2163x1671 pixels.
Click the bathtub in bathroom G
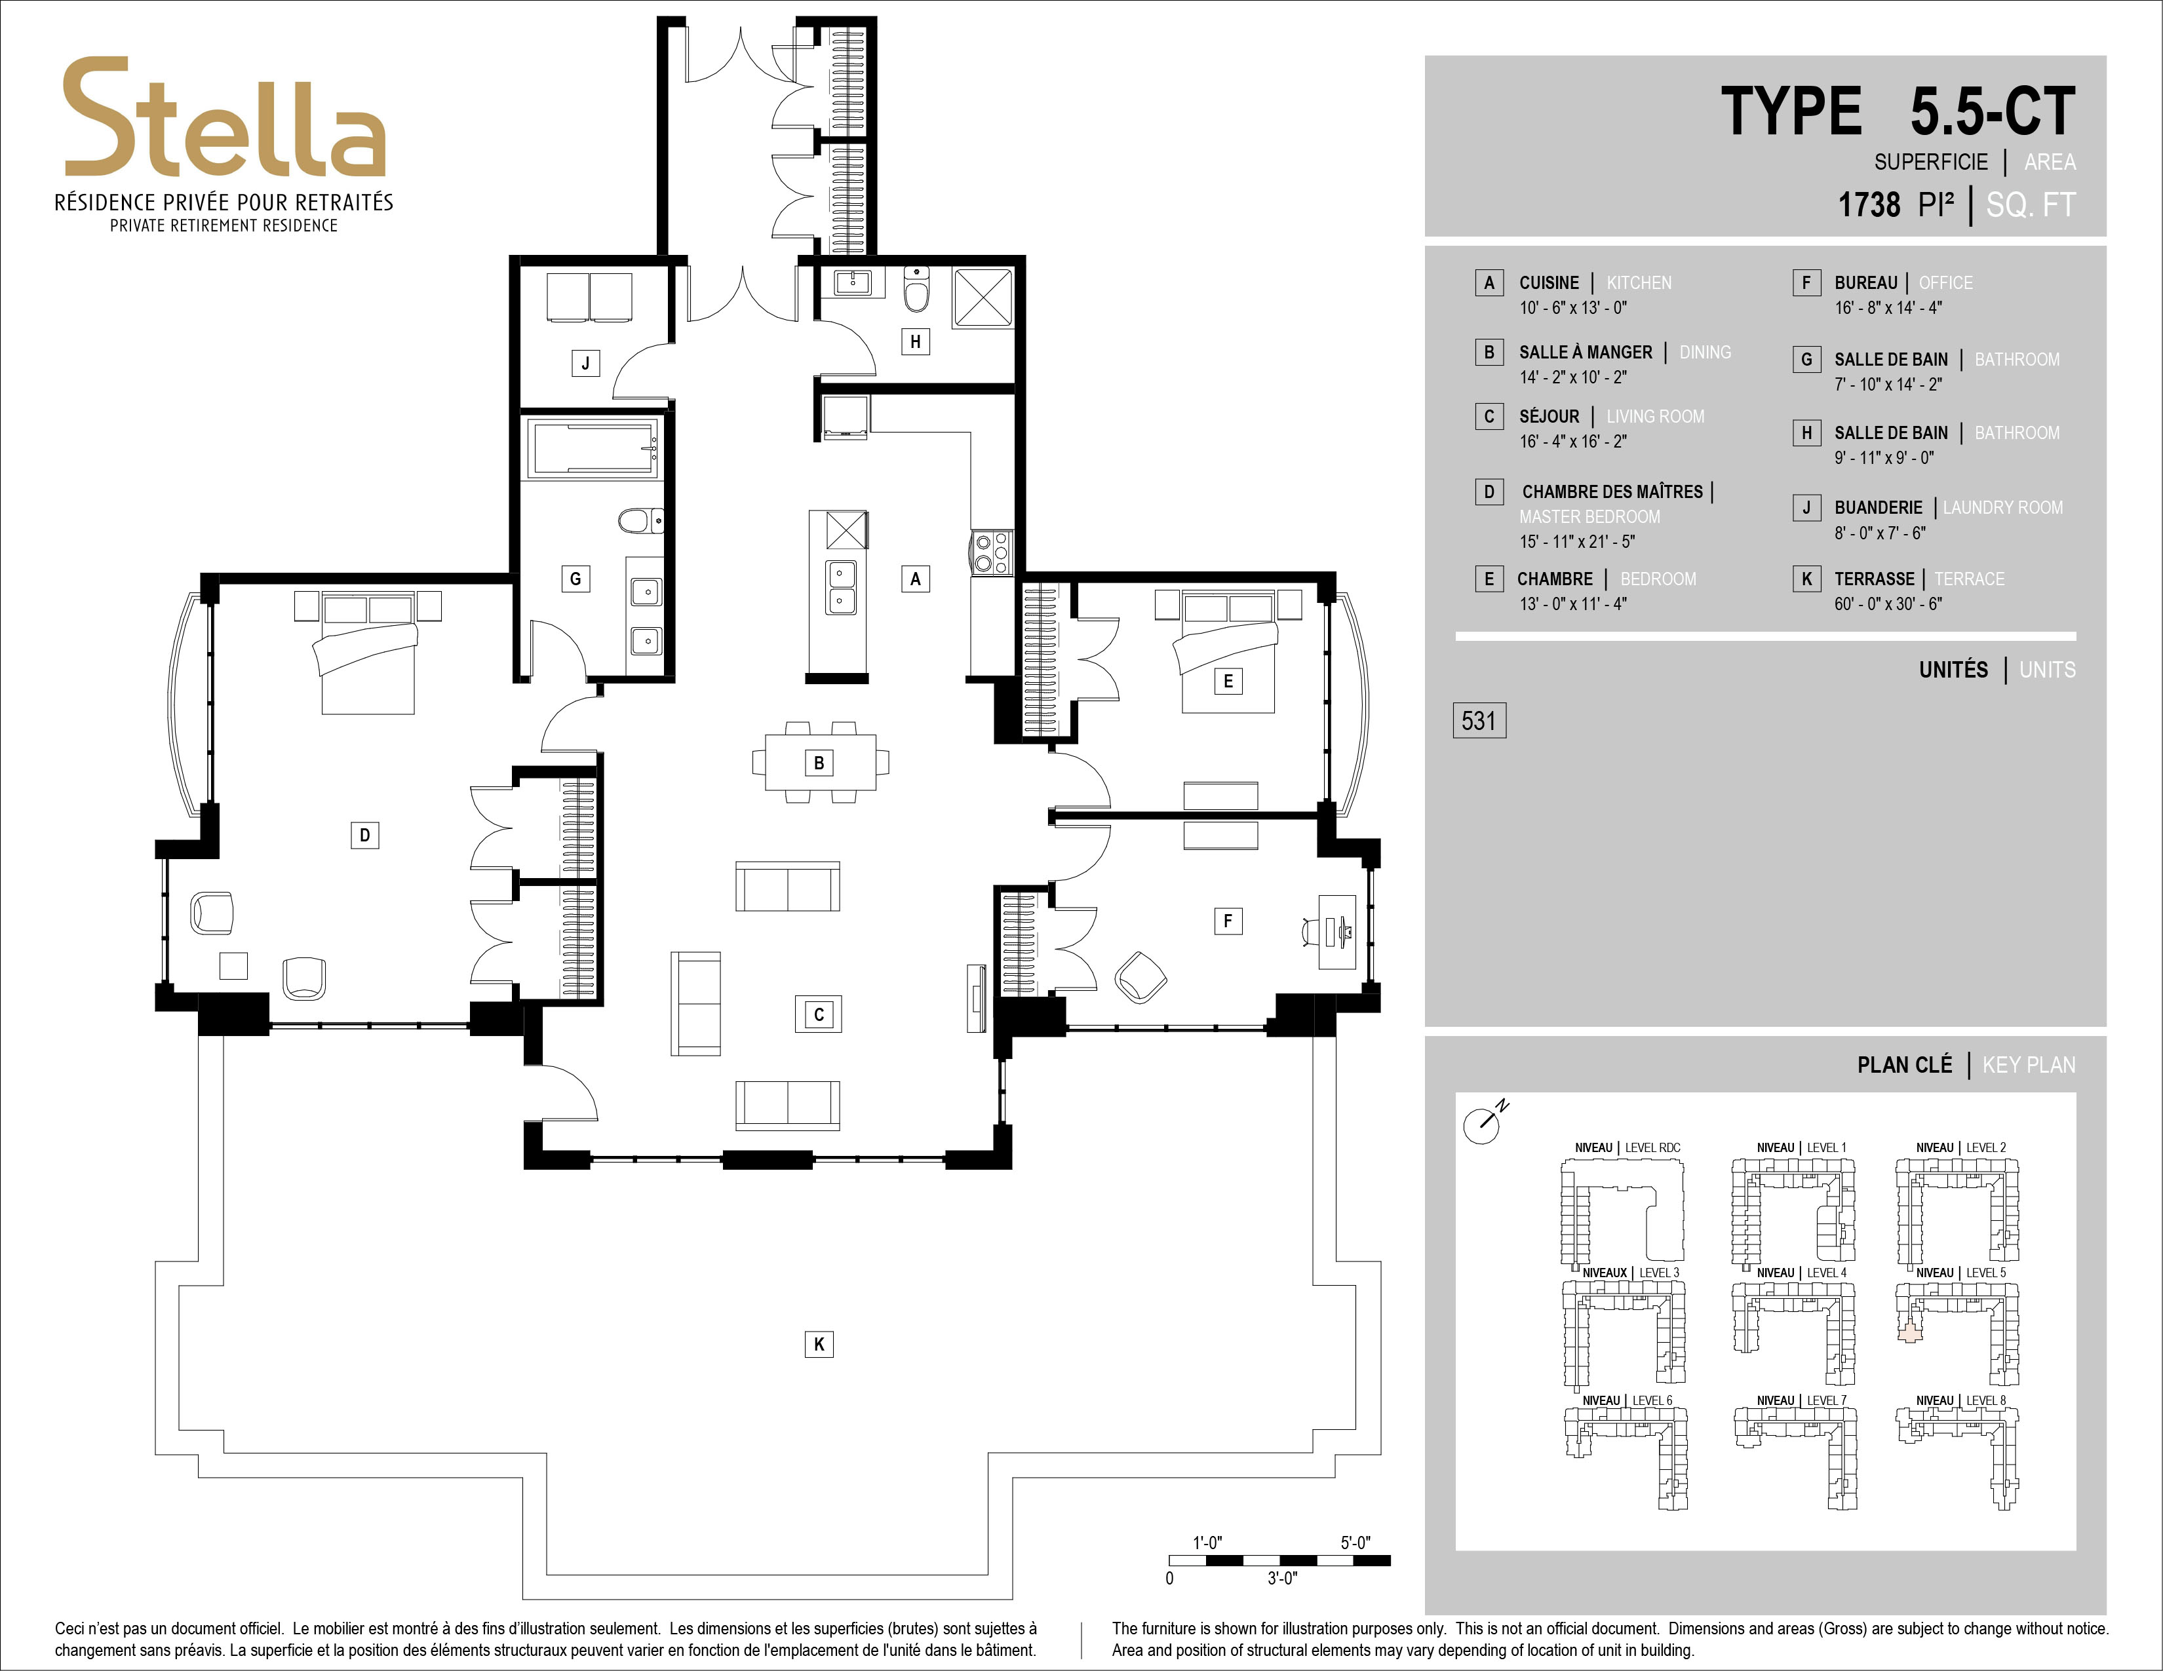click(x=593, y=448)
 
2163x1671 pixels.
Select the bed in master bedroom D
click(x=366, y=651)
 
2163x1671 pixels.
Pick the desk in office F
click(x=1337, y=932)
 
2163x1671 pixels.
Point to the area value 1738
click(x=1869, y=205)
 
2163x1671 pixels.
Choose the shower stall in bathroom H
click(x=983, y=297)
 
